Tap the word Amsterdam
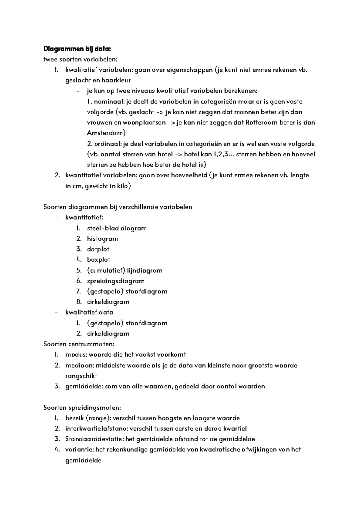point(106,133)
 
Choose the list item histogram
point(102,239)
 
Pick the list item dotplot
point(98,249)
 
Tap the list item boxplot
point(99,260)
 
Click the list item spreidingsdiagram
point(115,281)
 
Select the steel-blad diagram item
point(117,228)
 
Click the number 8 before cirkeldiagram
point(79,302)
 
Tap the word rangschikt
point(81,376)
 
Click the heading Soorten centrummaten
point(79,344)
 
